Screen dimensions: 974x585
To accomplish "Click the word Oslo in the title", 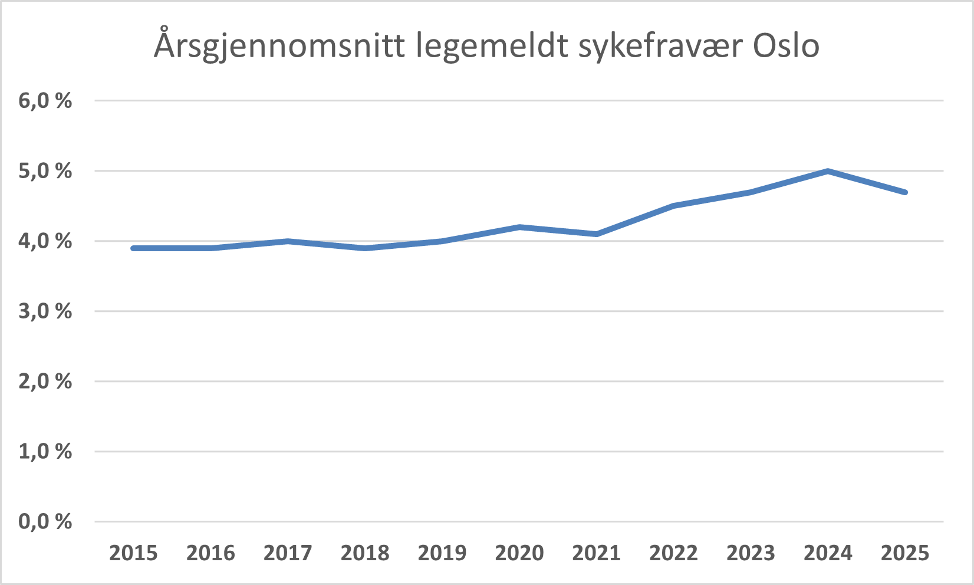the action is click(786, 45).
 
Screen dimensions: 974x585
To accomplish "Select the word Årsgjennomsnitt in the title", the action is click(279, 44).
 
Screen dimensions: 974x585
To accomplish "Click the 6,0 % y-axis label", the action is click(45, 101).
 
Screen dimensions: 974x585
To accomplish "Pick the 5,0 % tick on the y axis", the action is click(45, 171).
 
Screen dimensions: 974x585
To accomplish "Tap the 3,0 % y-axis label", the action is click(45, 311).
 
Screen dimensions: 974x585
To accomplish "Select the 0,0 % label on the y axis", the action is click(45, 521).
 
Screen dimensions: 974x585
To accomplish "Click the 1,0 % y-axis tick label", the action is click(45, 452).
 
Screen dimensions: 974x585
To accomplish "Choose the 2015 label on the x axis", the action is click(133, 553).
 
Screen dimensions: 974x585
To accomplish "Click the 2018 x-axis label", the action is click(365, 553).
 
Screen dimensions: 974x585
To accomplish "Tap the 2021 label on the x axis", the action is click(597, 553).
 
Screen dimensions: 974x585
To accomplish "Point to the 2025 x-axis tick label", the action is click(905, 553).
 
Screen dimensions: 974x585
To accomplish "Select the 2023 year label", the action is click(751, 553).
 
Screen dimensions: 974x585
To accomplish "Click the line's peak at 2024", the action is click(828, 171).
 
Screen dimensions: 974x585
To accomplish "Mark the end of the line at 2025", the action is click(905, 192).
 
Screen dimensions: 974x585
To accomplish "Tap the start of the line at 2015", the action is click(133, 248).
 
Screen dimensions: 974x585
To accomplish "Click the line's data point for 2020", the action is click(519, 227).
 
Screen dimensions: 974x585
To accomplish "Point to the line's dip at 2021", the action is click(597, 234).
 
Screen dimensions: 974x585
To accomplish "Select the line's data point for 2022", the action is click(673, 206).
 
